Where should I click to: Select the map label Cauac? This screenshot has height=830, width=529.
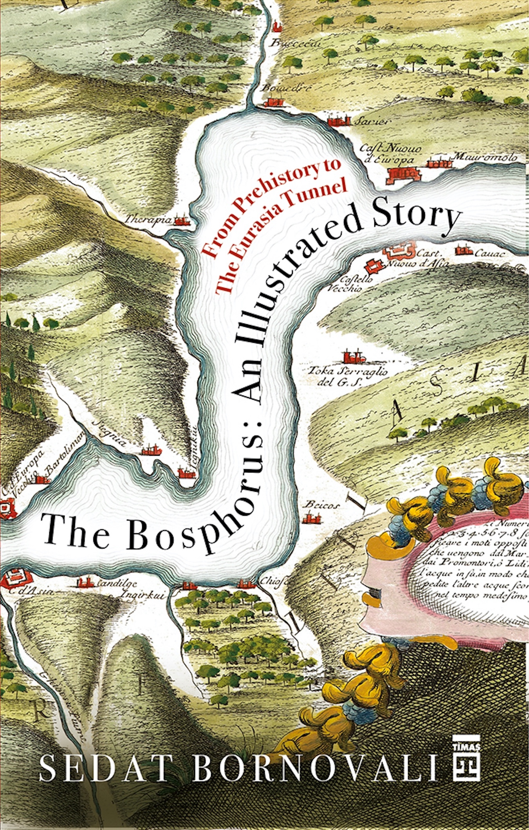click(x=489, y=253)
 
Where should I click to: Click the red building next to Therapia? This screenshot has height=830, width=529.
click(x=181, y=221)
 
